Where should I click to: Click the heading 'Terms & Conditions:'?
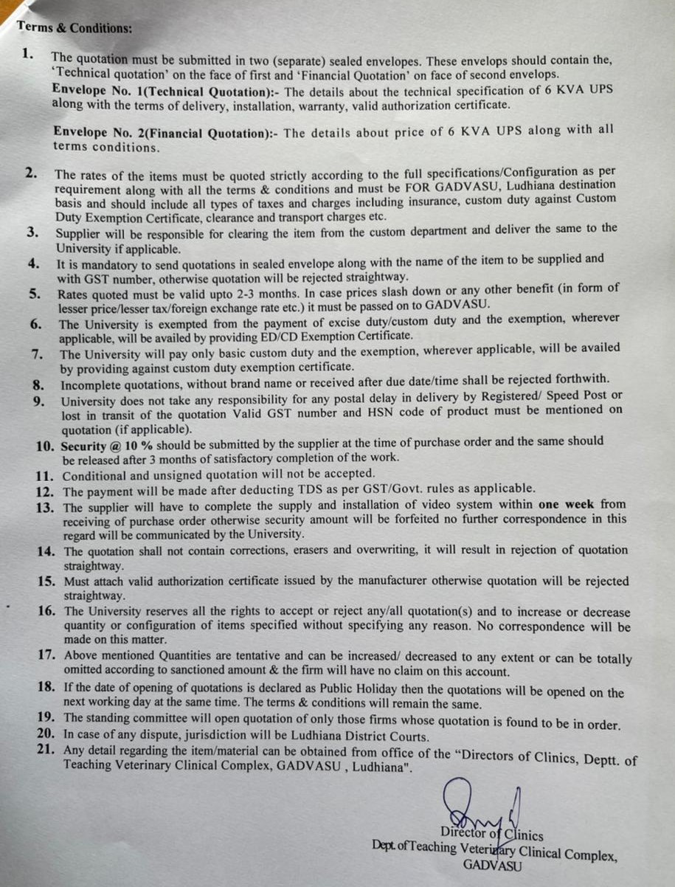pyautogui.click(x=75, y=27)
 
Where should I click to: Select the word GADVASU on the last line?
pyautogui.click(x=492, y=866)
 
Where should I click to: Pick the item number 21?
pyautogui.click(x=46, y=750)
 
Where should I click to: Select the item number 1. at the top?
pyautogui.click(x=28, y=52)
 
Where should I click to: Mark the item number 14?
pyautogui.click(x=46, y=551)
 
